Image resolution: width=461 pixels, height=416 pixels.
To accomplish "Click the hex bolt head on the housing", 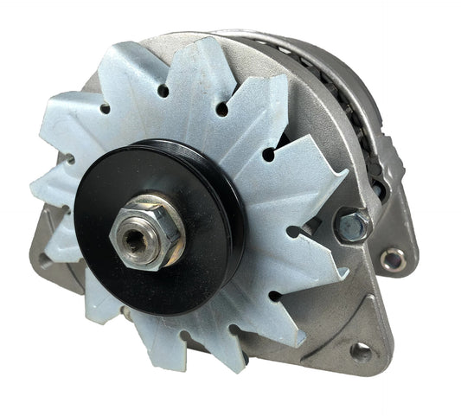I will pos(353,224).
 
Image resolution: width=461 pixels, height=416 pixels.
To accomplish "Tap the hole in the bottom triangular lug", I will pos(360,352).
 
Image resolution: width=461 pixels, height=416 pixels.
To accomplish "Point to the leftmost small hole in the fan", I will pos(66,158).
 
